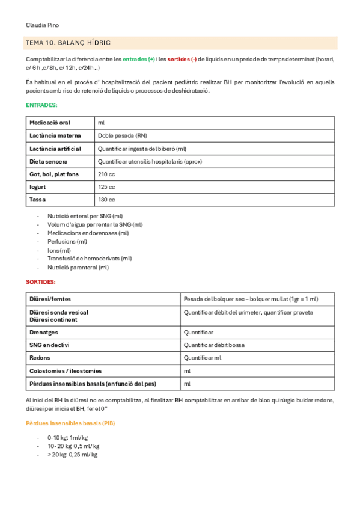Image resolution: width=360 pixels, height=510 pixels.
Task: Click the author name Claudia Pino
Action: (x=43, y=25)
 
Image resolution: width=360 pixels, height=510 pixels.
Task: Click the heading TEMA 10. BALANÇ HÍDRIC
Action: (x=69, y=43)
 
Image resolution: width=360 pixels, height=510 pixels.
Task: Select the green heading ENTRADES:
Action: (x=42, y=105)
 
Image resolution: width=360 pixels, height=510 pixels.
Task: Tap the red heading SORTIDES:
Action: (x=41, y=281)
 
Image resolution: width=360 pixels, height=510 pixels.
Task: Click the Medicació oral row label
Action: (x=50, y=123)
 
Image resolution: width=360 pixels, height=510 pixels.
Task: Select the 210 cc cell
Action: (x=106, y=174)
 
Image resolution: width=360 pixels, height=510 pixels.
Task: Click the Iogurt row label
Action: (x=38, y=187)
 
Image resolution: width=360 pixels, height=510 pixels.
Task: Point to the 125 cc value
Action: (x=106, y=187)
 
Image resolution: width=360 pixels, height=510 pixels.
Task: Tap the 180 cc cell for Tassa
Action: (x=106, y=200)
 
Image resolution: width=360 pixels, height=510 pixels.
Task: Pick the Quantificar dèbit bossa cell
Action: (x=214, y=345)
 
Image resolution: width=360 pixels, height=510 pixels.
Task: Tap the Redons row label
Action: (x=40, y=358)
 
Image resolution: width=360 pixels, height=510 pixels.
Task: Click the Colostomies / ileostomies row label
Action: (x=66, y=371)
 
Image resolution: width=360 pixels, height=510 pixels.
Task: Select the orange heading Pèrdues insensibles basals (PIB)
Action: (x=70, y=423)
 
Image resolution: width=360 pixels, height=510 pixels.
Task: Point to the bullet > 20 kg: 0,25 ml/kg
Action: (x=73, y=455)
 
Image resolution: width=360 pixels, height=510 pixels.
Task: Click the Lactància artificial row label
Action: (x=55, y=149)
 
